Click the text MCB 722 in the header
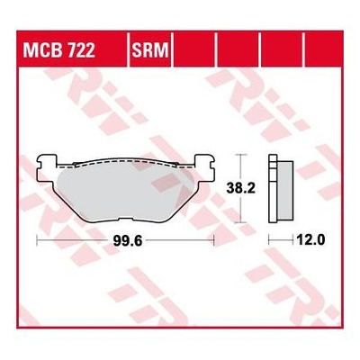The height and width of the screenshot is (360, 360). point(59,50)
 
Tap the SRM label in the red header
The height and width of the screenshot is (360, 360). point(150,50)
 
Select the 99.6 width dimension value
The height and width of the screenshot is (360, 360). point(127,240)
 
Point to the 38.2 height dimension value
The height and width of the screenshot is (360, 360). point(240,188)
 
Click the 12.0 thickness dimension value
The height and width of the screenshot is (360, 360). point(310,240)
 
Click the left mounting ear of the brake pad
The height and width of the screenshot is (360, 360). point(46,168)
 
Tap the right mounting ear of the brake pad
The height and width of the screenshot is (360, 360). point(204,168)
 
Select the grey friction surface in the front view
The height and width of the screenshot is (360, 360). point(124,193)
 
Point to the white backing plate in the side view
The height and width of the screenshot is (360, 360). point(273,189)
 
